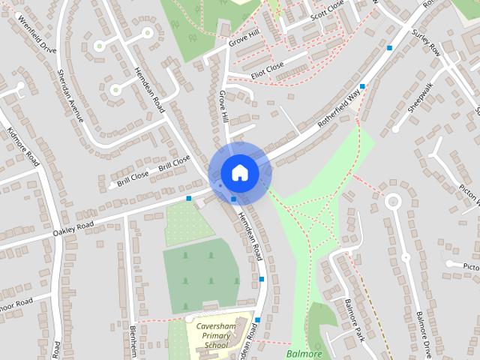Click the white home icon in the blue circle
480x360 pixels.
pos(239,172)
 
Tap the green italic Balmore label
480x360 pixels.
pos(304,353)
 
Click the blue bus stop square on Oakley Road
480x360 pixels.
pos(189,199)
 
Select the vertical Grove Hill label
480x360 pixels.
pos(223,107)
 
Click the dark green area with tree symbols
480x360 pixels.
pos(200,273)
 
